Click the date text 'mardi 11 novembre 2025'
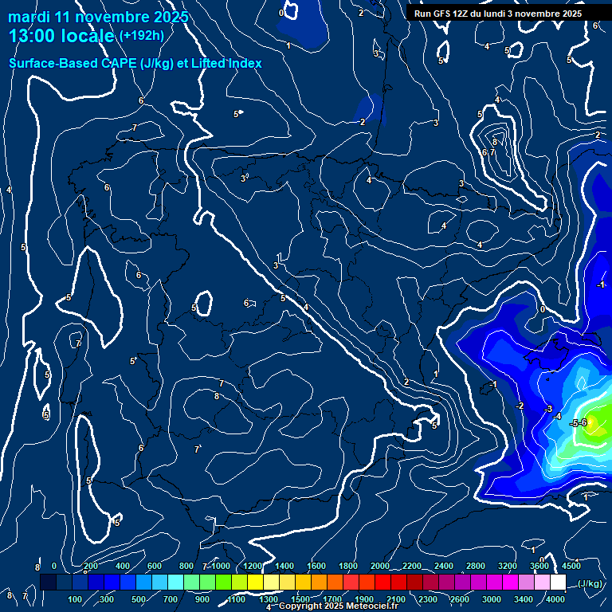(x=98, y=17)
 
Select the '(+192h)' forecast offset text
(x=143, y=36)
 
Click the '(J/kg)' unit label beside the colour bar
(x=590, y=583)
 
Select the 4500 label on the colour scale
(x=571, y=566)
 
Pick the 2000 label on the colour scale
(x=380, y=566)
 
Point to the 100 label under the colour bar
(x=75, y=599)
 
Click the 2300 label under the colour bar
(x=427, y=599)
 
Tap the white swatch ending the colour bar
(x=558, y=583)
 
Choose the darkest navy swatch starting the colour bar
(x=48, y=583)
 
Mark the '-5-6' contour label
(x=579, y=423)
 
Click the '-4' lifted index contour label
(x=557, y=417)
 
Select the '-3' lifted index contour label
(x=548, y=409)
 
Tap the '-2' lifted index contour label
(x=520, y=406)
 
